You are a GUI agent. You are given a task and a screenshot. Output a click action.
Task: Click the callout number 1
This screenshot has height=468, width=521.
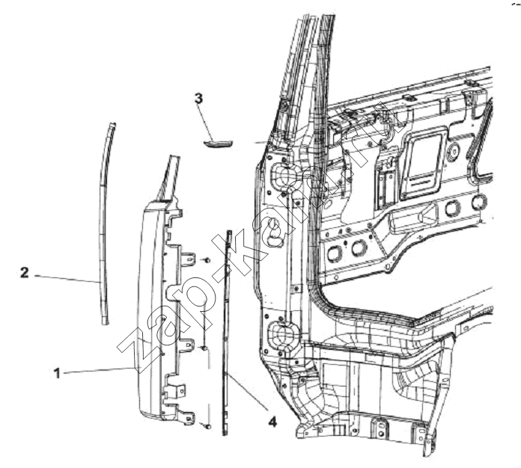[57, 373]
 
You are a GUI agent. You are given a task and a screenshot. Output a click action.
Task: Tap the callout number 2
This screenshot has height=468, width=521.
[25, 273]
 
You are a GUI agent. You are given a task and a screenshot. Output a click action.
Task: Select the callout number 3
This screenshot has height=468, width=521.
[198, 99]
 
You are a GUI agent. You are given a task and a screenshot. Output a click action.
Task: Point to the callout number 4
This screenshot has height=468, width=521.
[272, 422]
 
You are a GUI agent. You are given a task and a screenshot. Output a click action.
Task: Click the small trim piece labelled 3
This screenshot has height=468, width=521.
[219, 144]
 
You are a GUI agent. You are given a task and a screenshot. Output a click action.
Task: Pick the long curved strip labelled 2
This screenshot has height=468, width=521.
[104, 222]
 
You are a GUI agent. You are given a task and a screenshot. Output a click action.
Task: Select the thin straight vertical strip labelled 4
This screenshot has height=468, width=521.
[227, 332]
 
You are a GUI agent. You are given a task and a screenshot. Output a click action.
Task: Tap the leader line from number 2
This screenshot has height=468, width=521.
[67, 279]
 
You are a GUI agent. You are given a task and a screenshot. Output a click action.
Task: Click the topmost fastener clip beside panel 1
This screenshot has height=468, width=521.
[207, 261]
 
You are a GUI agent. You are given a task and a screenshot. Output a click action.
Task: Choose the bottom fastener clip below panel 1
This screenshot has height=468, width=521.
[207, 425]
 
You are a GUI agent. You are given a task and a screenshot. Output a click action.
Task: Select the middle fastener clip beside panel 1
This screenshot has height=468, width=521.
[204, 348]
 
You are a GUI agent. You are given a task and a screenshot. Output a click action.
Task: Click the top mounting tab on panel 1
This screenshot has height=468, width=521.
[189, 259]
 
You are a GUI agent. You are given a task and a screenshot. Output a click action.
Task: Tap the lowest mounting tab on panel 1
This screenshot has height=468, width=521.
[186, 418]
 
